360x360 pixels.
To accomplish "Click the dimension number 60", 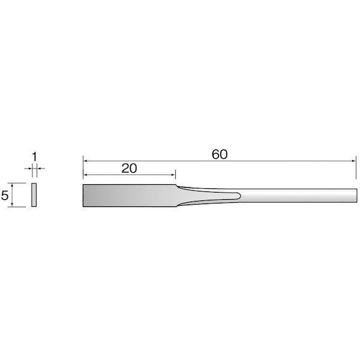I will pos(220,154).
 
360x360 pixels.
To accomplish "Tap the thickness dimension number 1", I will pos(35,157).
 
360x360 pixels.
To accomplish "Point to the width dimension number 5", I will pos(5,196).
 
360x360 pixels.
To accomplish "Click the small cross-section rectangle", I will pos(34,196).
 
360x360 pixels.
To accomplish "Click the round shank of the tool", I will pos(300,196).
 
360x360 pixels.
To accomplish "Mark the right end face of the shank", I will pos(356,196).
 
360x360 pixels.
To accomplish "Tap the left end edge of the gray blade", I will pos(83,196).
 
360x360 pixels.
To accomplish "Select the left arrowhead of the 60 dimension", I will pos(86,161).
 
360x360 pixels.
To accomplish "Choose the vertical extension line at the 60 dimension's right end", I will pos(356,171).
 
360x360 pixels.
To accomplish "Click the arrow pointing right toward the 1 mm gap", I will pos(29,170).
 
